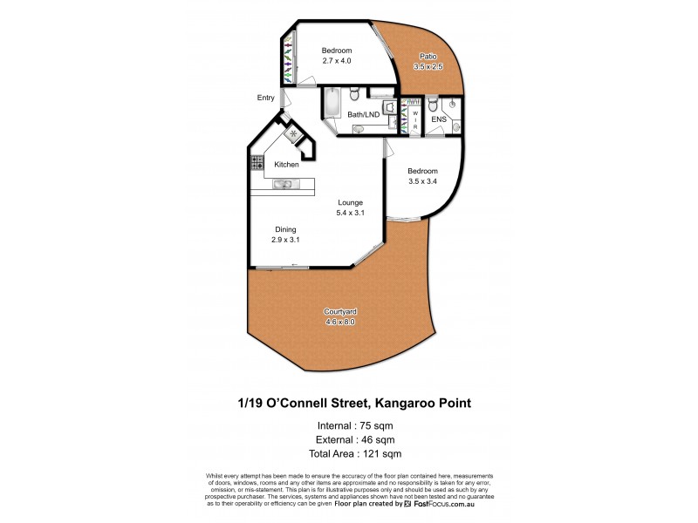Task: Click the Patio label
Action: [427, 57]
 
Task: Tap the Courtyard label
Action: [339, 311]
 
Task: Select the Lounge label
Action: [351, 202]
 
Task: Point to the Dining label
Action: [285, 229]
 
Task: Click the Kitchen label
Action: [286, 165]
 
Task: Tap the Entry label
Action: [265, 98]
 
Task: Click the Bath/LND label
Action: [363, 114]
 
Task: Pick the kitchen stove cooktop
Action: [258, 162]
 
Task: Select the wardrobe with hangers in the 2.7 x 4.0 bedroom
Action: [286, 63]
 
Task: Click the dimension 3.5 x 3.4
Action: [422, 182]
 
